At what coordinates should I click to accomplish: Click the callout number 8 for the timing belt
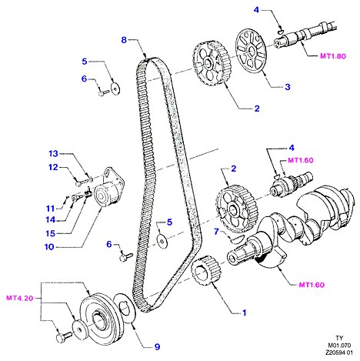(x=124, y=40)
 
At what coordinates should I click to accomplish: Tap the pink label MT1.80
(x=333, y=56)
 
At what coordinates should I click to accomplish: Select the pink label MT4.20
(x=20, y=298)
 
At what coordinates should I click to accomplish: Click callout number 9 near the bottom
(x=157, y=347)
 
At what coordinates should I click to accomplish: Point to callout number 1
(x=245, y=313)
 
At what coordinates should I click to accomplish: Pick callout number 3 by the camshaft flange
(x=288, y=87)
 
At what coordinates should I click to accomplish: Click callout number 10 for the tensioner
(x=49, y=247)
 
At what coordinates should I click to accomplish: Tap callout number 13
(x=54, y=154)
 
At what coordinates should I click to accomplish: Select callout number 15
(x=51, y=233)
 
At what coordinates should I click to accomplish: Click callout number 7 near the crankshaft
(x=216, y=232)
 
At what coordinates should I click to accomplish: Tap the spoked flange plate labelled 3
(x=251, y=52)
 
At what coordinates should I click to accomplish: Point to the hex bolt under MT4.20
(x=63, y=337)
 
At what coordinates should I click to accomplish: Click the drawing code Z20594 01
(x=339, y=353)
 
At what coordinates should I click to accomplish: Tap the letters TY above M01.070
(x=339, y=338)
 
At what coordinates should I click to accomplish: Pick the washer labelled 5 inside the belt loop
(x=162, y=241)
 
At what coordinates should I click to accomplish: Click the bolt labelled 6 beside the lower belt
(x=126, y=257)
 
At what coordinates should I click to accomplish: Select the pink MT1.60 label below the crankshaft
(x=312, y=285)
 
